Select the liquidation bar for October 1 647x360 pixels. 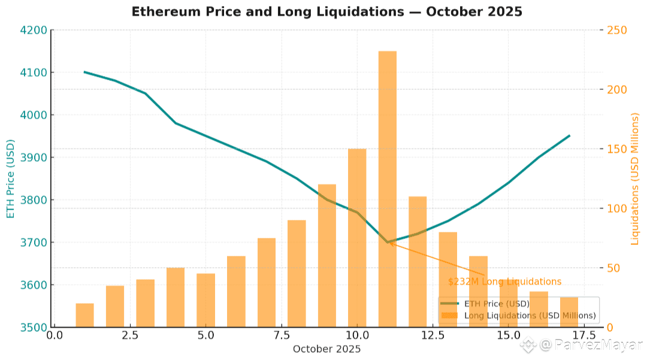click(x=84, y=315)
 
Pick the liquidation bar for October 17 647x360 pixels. click(x=569, y=312)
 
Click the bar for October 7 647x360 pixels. click(x=266, y=282)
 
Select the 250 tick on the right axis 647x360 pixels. click(x=618, y=30)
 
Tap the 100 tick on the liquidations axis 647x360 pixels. click(x=618, y=208)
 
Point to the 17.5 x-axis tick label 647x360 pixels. click(x=584, y=335)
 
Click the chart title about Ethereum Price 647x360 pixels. click(x=326, y=11)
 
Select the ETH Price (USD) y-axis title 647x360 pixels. click(x=10, y=179)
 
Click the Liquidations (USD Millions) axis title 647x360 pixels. click(x=636, y=179)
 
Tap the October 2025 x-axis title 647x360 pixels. click(x=326, y=349)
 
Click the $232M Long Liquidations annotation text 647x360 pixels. click(x=504, y=282)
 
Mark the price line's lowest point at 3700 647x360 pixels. click(x=388, y=243)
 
